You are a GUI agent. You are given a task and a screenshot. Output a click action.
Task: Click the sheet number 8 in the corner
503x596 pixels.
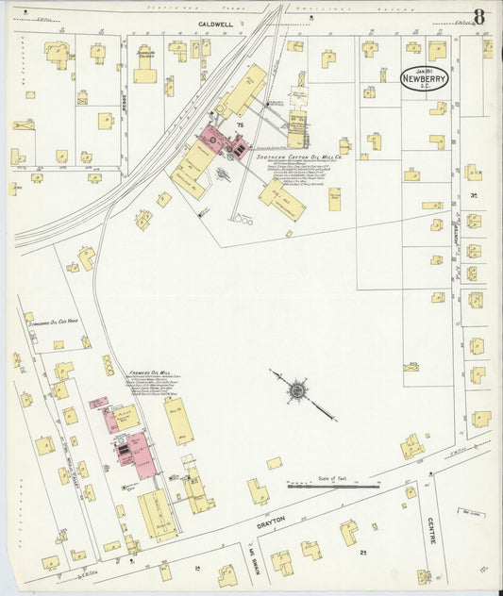[479, 16]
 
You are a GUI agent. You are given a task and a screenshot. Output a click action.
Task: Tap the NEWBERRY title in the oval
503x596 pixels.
[424, 82]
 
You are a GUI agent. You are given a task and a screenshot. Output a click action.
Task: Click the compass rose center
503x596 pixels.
[297, 389]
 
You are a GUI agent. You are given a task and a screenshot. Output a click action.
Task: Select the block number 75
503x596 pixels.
[240, 124]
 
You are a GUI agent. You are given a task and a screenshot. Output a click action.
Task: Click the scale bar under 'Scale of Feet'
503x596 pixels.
[332, 487]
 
